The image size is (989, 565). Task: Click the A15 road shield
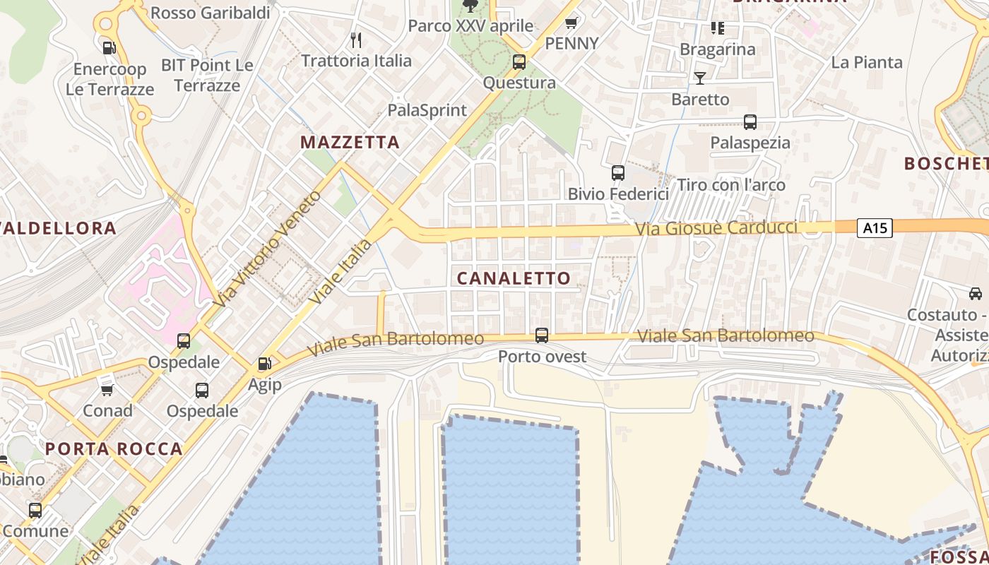coord(875,228)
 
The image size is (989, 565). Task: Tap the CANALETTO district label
coord(514,278)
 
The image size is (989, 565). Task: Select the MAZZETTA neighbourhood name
coord(350,142)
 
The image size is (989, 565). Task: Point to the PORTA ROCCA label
coord(114,448)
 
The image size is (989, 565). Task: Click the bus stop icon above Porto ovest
coord(542,335)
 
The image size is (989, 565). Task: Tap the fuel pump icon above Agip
coord(265,364)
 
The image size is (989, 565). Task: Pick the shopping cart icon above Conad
coord(107,390)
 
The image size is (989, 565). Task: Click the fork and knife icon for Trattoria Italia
coord(356,40)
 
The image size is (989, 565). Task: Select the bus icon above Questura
coord(519,62)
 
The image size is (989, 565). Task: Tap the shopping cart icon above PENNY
coord(572,23)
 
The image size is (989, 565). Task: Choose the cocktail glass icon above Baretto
coord(700,78)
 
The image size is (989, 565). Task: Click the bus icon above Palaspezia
coord(750,121)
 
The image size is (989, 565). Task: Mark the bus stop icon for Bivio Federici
coord(618,172)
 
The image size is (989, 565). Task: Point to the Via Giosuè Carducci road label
coord(716,228)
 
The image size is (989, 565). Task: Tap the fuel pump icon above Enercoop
coord(109,48)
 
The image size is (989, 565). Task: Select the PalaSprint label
coord(427,110)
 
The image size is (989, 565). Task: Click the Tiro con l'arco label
coord(731,185)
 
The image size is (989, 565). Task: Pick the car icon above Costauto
coord(976,293)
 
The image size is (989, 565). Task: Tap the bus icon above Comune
coord(35,510)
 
